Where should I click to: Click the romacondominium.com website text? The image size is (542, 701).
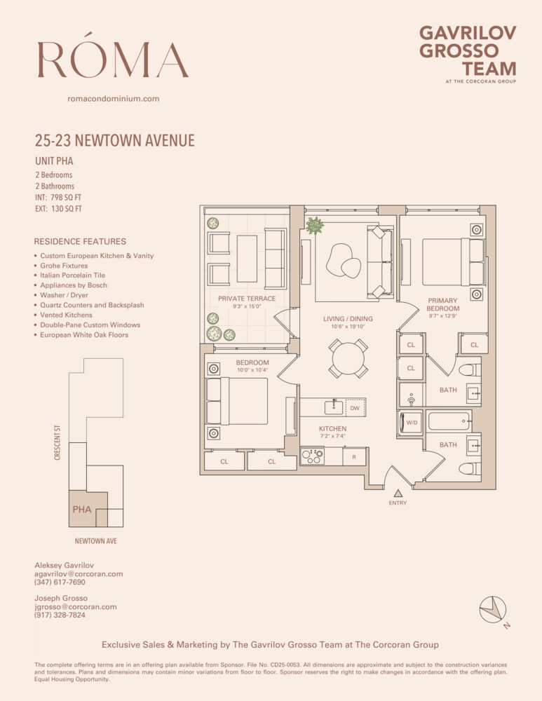click(x=113, y=99)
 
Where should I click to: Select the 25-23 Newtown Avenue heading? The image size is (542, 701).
click(x=114, y=141)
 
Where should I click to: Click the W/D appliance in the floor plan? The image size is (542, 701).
click(x=411, y=423)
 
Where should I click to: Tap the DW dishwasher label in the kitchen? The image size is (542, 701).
click(x=355, y=407)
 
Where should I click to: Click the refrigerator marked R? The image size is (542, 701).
click(x=354, y=456)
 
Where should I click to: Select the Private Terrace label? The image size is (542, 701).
click(x=246, y=299)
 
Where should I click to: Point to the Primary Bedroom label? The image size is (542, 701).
click(x=443, y=305)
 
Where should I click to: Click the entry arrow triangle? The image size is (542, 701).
click(x=398, y=493)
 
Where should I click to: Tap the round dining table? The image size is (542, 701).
click(x=348, y=358)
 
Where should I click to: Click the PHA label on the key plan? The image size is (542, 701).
click(x=82, y=510)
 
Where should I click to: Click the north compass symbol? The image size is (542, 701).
click(x=493, y=608)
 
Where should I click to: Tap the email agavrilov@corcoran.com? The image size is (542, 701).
click(x=79, y=573)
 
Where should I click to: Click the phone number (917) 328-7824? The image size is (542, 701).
click(x=60, y=615)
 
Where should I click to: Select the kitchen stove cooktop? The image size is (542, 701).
click(x=312, y=456)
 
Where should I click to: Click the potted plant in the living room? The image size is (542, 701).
click(x=314, y=226)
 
